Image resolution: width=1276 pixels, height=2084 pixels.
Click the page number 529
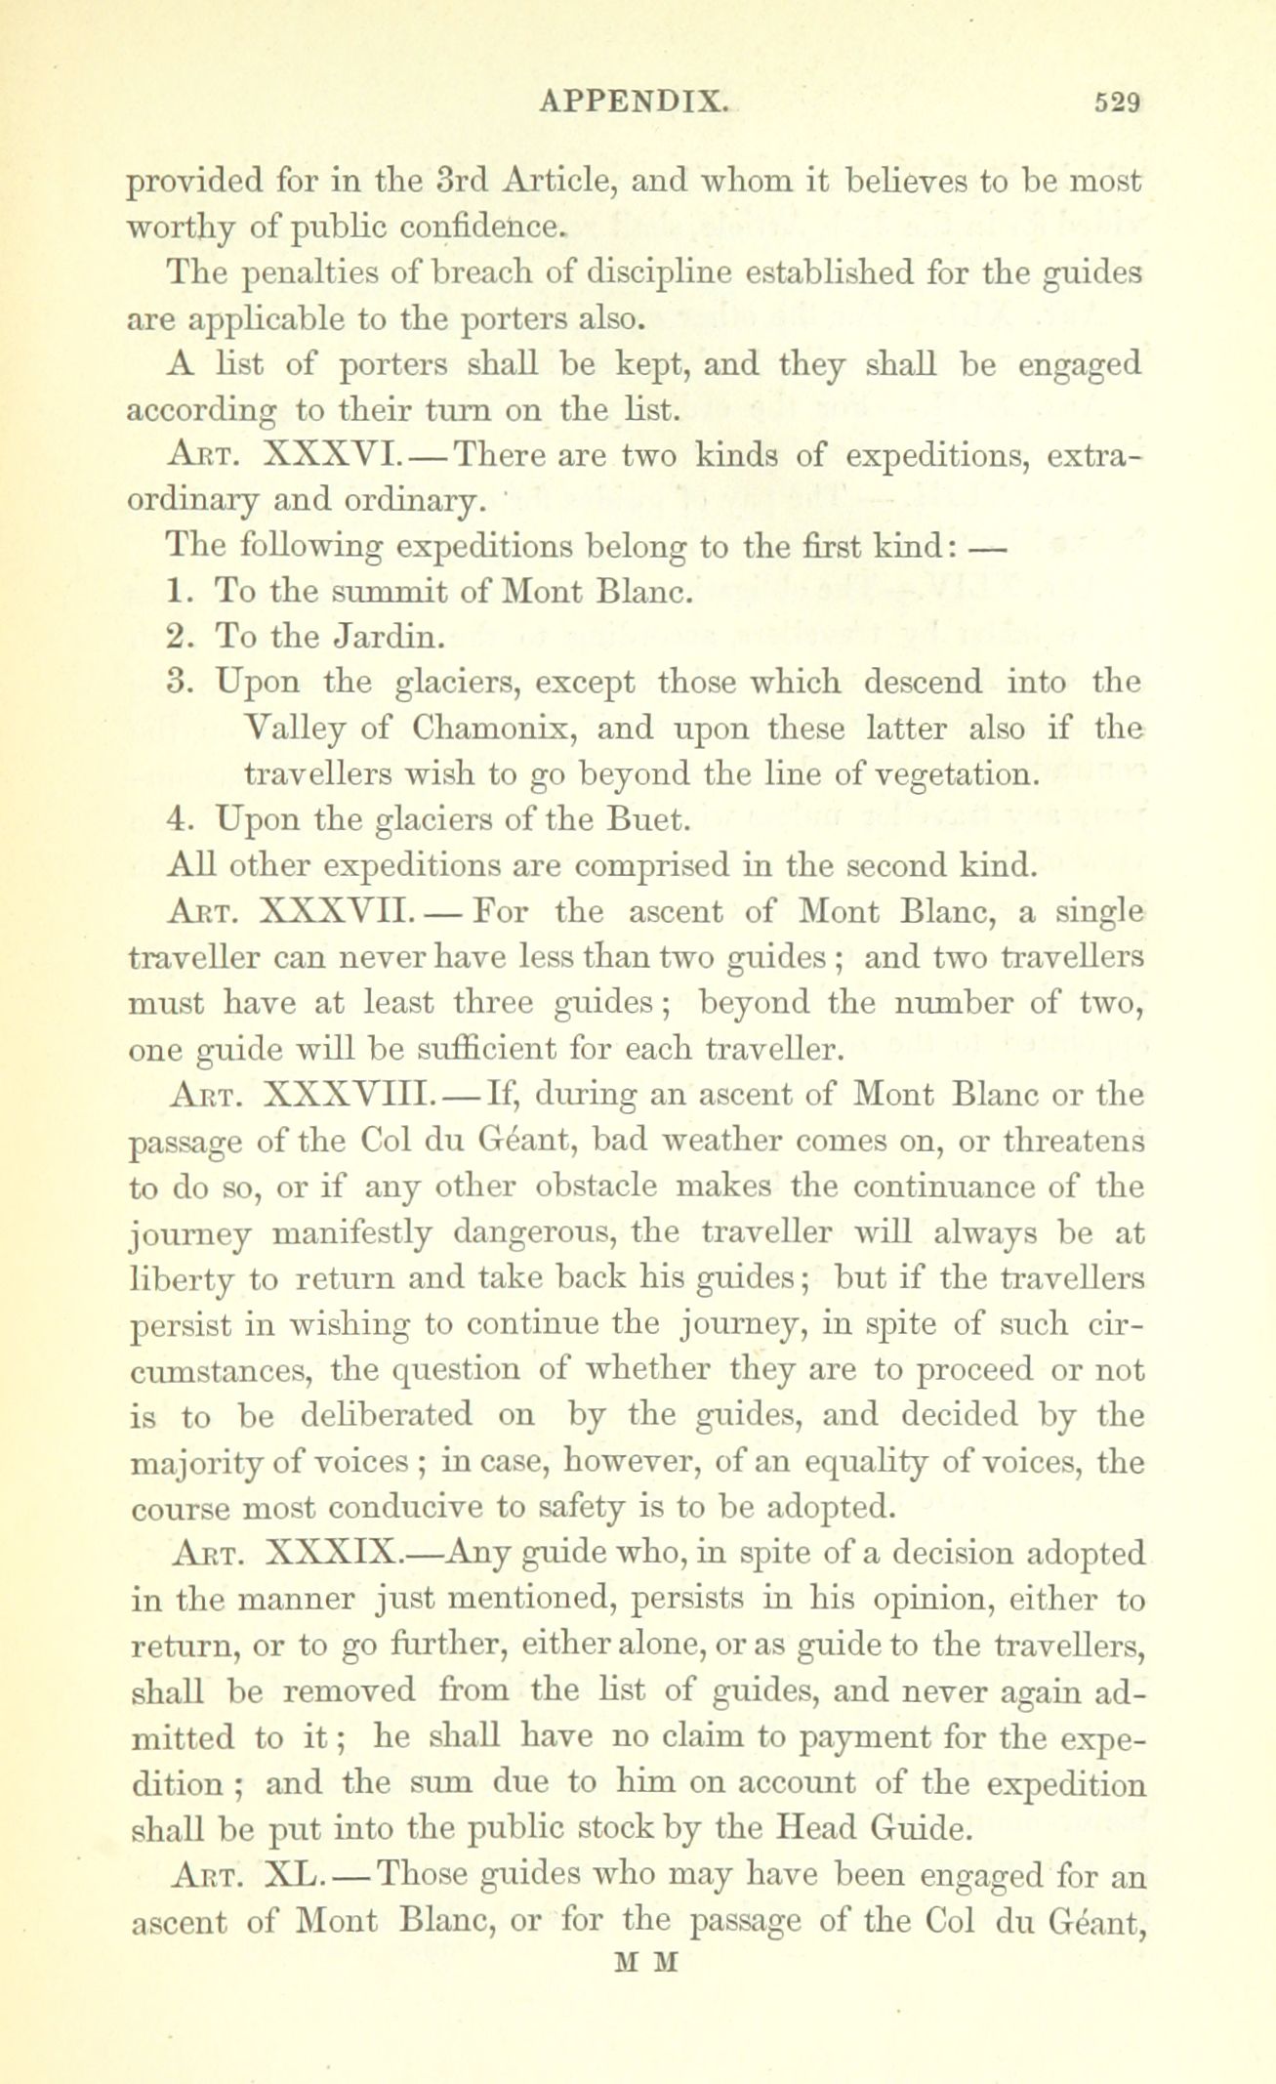(x=1114, y=102)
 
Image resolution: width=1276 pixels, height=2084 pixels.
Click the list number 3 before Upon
(x=176, y=682)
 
